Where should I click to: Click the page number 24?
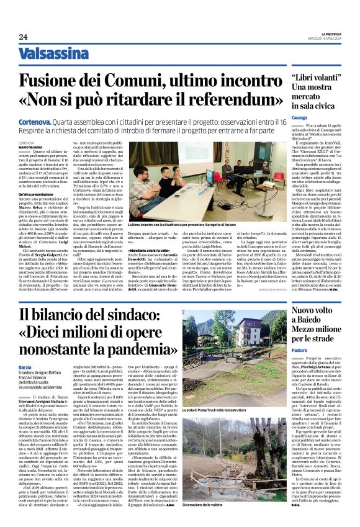pos(23,37)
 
